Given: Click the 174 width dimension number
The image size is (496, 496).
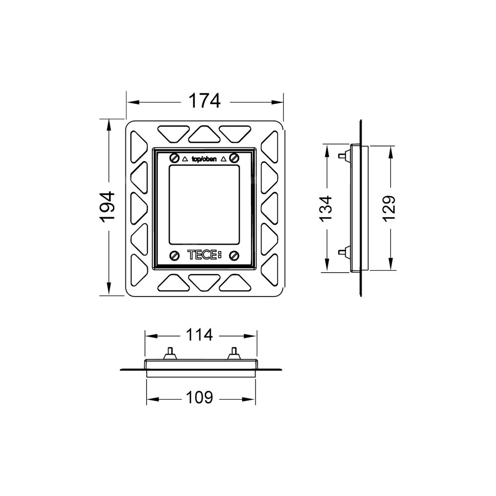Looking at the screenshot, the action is [x=204, y=101].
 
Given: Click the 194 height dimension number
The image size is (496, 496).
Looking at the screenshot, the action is [x=108, y=207].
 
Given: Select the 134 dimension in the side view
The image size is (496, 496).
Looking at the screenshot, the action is [x=326, y=208].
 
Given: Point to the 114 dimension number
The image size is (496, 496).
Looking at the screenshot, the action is [x=199, y=335].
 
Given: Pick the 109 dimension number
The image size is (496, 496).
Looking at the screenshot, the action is [x=199, y=397].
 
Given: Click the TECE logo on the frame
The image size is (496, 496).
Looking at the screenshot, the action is [x=205, y=255].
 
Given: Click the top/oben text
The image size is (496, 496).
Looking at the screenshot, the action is [x=204, y=159].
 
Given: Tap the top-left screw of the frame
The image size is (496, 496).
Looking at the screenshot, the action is [x=174, y=158].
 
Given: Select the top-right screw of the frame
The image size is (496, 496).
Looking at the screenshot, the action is [x=234, y=157].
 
